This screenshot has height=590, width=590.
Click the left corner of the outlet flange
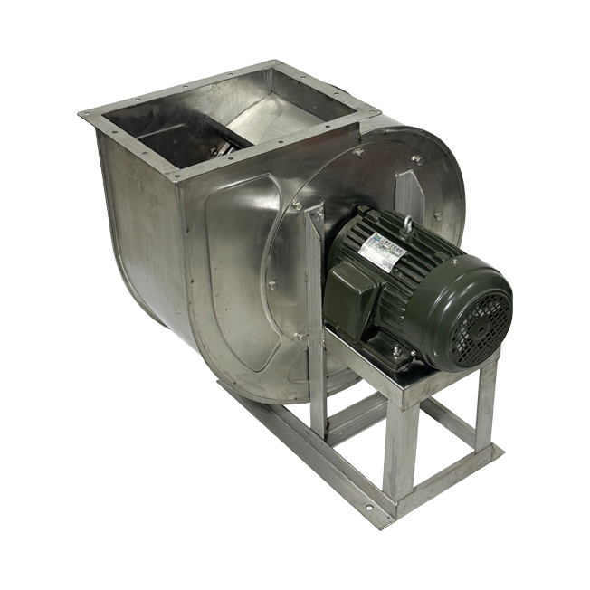click(84, 113)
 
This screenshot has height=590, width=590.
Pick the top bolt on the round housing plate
click(417, 160)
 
